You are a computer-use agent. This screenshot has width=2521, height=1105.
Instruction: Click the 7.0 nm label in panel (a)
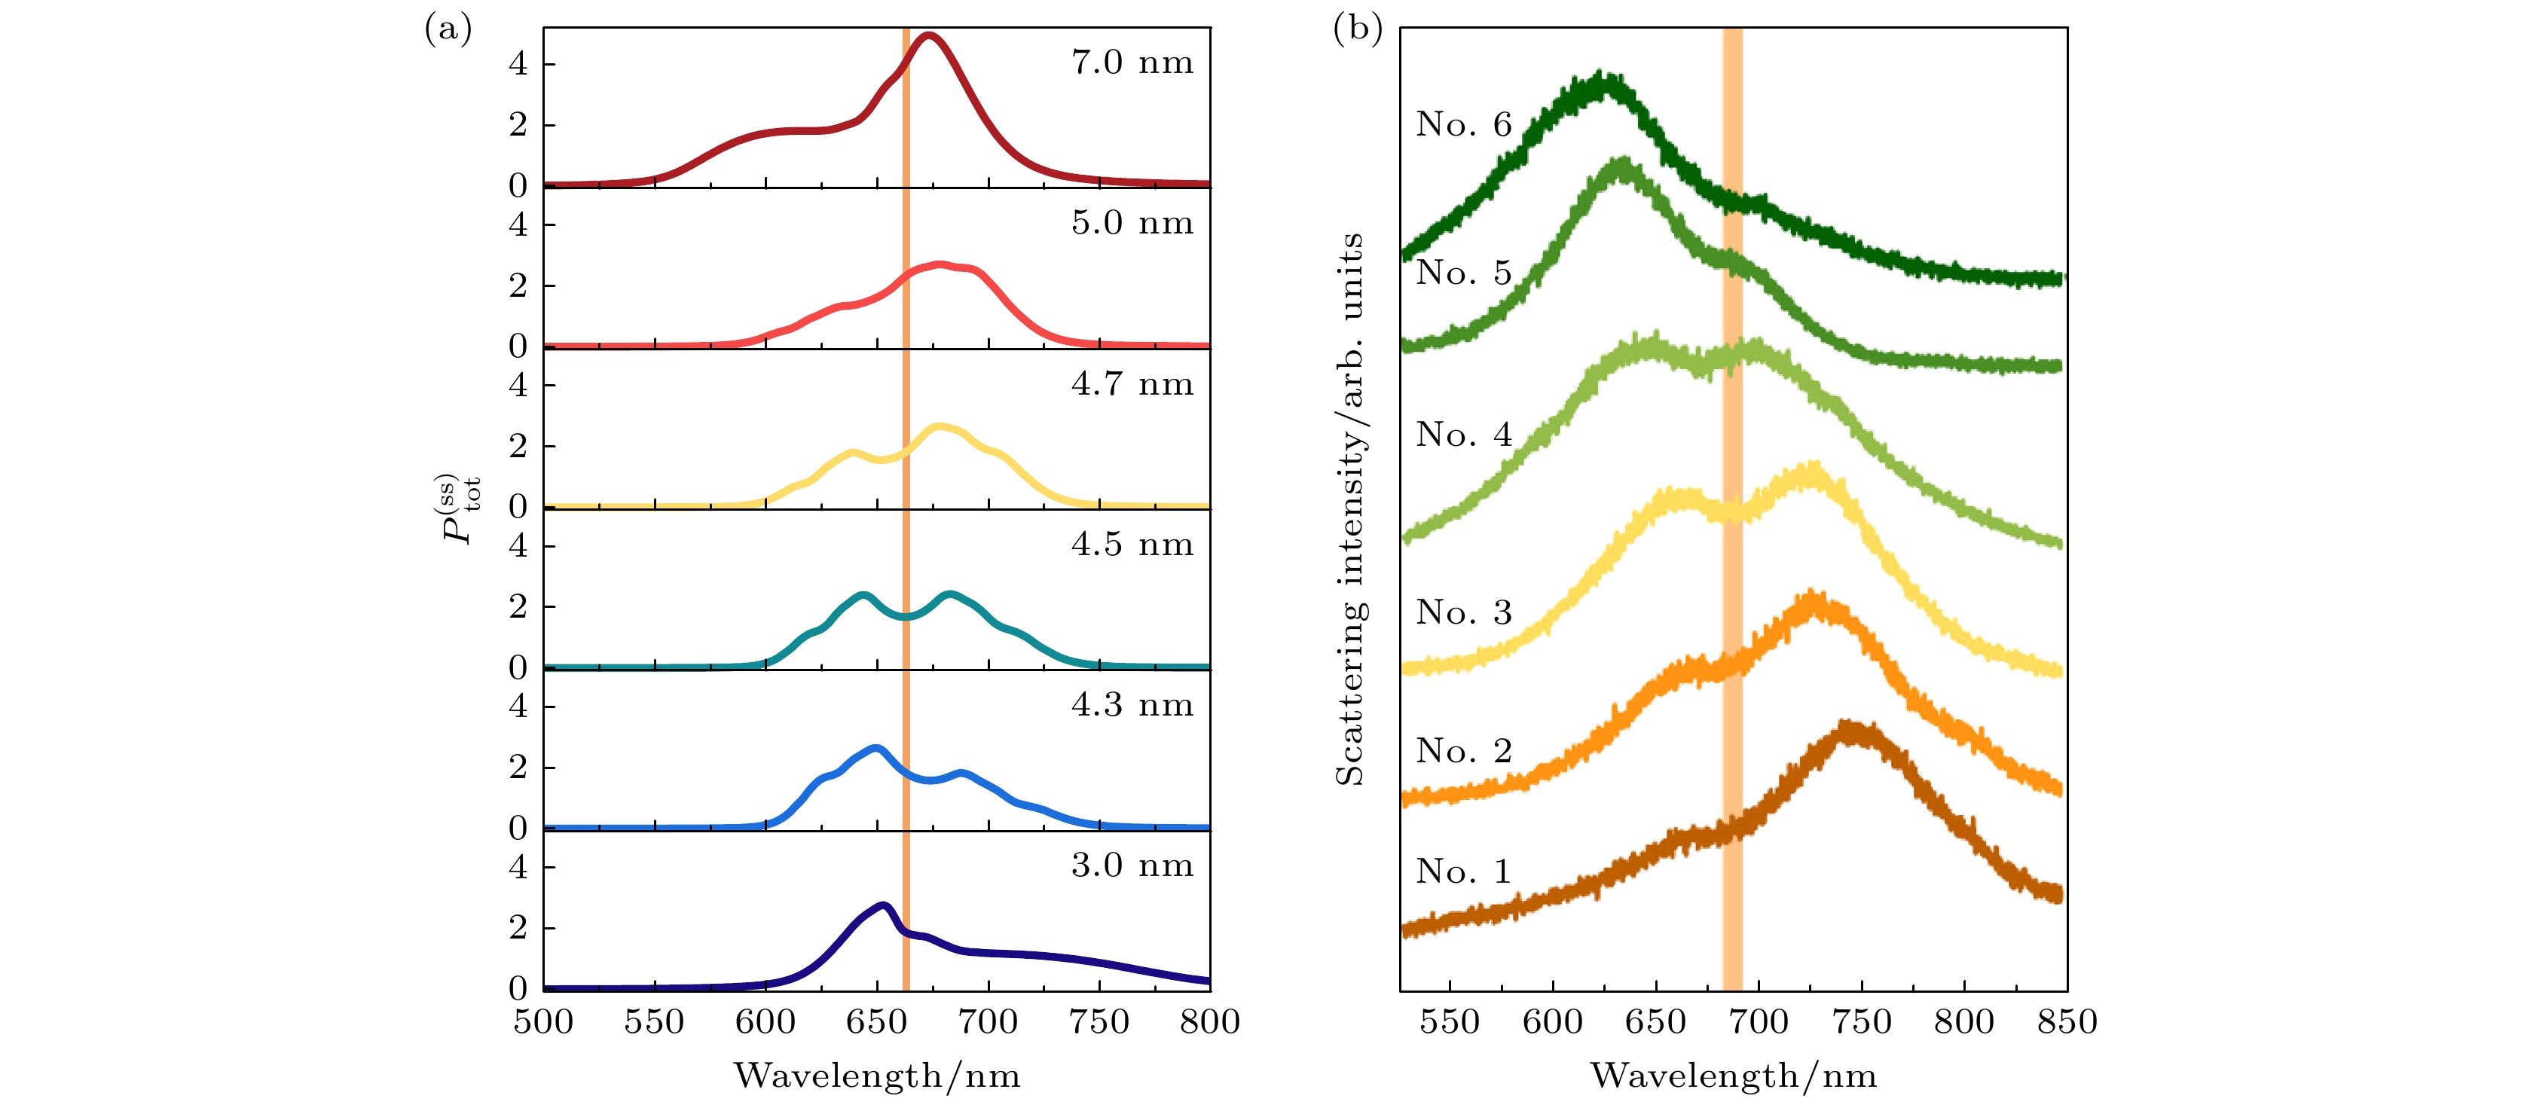(1132, 63)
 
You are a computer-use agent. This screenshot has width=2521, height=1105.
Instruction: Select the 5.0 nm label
(1132, 223)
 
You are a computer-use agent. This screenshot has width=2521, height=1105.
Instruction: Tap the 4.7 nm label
(1132, 383)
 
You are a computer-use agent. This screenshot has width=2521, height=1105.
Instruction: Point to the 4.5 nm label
(1132, 544)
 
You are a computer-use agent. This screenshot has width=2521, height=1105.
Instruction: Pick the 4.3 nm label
(1132, 705)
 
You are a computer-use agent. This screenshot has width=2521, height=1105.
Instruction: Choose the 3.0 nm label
(1132, 865)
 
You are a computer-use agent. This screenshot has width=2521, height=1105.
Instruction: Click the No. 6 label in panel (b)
(1463, 124)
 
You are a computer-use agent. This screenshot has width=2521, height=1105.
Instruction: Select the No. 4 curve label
(1463, 435)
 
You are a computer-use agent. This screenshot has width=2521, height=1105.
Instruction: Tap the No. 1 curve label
(1463, 871)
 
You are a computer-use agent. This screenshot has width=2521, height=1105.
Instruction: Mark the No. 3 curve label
(1463, 612)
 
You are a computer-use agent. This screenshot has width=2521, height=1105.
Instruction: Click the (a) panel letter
(448, 29)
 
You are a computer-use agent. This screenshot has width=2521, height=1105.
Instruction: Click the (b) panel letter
(1358, 29)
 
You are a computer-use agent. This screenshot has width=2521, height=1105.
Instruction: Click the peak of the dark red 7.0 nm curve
(927, 37)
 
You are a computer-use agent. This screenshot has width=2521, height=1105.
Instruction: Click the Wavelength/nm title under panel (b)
(1733, 1076)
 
